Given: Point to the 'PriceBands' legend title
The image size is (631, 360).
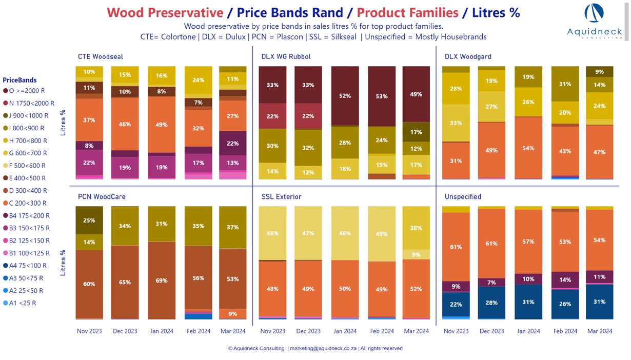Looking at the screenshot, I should click(x=19, y=80).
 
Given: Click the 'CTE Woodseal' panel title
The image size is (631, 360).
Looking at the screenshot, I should click(x=100, y=56).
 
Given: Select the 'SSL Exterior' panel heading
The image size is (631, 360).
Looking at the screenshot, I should click(x=281, y=196).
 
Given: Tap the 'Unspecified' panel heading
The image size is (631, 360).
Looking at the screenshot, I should click(x=463, y=196).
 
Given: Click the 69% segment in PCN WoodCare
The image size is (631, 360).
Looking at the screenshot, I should click(x=162, y=281).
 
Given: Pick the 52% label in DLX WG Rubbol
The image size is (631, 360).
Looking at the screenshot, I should click(x=345, y=96).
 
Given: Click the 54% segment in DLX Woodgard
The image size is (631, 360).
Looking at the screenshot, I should click(x=528, y=148).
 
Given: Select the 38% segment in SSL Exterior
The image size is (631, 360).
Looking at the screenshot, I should click(x=416, y=228).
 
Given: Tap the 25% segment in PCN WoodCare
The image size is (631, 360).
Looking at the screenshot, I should click(x=89, y=221).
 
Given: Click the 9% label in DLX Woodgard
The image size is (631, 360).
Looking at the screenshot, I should click(x=599, y=72).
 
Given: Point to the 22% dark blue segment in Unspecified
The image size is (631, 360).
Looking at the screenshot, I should click(x=456, y=305).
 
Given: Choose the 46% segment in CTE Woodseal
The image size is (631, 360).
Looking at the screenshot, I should click(x=125, y=124).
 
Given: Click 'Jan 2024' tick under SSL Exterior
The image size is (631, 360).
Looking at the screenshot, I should click(x=345, y=331).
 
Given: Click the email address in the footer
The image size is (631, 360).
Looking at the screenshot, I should click(x=322, y=349).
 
